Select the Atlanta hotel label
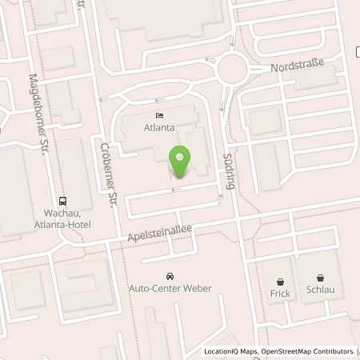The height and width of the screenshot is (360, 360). (158, 126)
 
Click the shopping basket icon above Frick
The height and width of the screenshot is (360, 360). (280, 281)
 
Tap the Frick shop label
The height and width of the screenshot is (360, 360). (280, 294)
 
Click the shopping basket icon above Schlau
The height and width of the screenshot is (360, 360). (320, 280)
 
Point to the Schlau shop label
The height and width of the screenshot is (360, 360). (319, 293)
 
